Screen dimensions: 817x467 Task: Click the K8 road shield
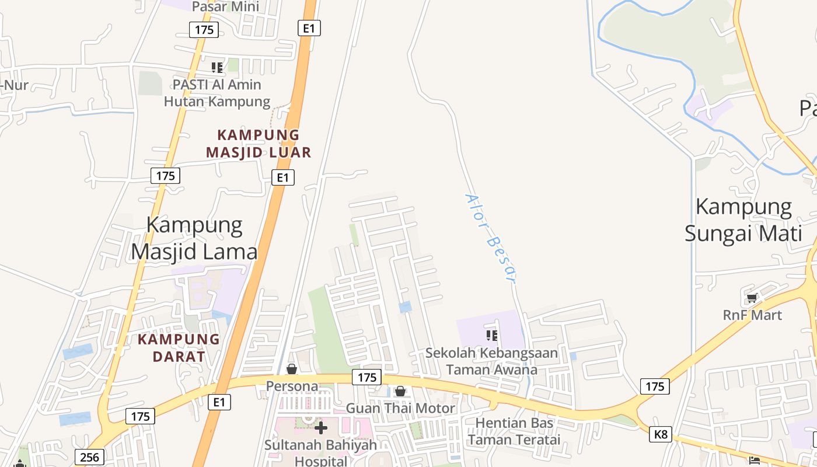point(660,434)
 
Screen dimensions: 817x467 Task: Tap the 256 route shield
point(89,456)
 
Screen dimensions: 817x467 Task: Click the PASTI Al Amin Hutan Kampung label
point(217,93)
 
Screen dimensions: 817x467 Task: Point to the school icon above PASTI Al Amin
point(217,68)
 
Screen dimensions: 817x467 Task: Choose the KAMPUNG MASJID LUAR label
point(259,144)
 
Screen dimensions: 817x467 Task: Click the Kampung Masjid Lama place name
point(194,238)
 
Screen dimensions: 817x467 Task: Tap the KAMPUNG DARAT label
point(179,347)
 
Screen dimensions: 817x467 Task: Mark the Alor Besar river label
point(491,237)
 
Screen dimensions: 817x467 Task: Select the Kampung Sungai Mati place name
point(743,220)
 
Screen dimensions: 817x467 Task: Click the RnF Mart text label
point(752,315)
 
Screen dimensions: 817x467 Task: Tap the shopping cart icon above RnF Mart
point(752,298)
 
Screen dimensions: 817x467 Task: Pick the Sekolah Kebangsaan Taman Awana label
point(491,361)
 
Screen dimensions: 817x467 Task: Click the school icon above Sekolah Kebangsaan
point(492,335)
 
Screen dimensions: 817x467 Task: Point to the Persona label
point(292,386)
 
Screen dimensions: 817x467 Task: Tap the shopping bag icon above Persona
point(292,369)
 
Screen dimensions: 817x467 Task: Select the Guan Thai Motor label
point(400,408)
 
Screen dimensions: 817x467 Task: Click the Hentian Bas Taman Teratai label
point(514,431)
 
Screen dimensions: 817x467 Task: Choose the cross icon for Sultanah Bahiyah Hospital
point(320,428)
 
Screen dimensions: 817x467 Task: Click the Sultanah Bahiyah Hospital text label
point(320,452)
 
